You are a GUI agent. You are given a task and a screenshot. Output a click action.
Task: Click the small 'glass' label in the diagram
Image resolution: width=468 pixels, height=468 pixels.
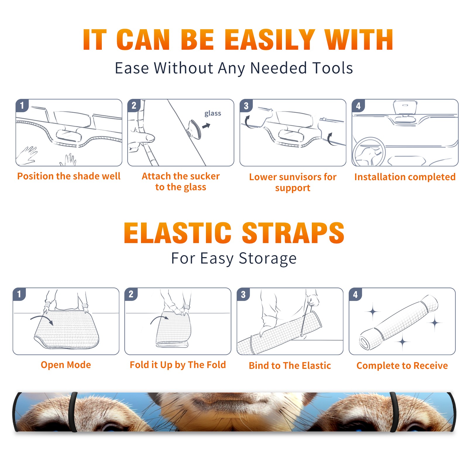213,113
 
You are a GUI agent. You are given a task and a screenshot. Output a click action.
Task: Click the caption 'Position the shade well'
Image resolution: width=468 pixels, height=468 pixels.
69,176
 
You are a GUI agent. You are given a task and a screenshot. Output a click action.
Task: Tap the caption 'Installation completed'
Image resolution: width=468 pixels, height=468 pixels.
405,177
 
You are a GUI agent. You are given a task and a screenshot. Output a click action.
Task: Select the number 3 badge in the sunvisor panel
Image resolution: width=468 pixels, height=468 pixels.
246,106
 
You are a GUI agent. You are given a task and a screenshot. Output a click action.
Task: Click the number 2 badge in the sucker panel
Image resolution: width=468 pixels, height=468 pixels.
134,105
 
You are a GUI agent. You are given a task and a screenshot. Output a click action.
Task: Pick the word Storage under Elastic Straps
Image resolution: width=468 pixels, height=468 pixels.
268,259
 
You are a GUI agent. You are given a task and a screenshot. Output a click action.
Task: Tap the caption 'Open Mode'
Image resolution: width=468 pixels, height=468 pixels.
66,365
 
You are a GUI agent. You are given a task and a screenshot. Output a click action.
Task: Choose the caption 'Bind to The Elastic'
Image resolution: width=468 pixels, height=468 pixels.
290,366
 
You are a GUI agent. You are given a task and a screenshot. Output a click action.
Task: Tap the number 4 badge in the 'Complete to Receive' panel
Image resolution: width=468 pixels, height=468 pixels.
355,294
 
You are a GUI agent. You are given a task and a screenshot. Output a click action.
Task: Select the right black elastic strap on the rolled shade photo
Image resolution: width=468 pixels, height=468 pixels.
394,412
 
